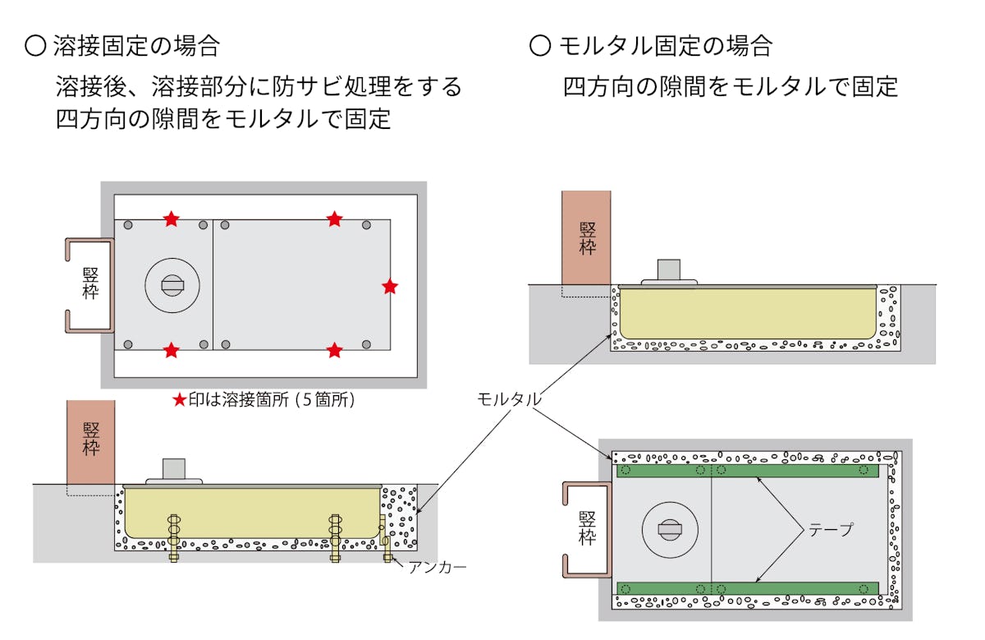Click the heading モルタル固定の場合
(653, 44)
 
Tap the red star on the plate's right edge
(390, 287)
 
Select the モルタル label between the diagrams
(509, 399)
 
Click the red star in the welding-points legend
(180, 400)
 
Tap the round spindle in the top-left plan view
(172, 285)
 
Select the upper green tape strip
(747, 471)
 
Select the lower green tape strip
(747, 589)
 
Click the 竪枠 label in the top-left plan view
(90, 284)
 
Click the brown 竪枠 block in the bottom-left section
(90, 441)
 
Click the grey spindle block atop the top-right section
(670, 270)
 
